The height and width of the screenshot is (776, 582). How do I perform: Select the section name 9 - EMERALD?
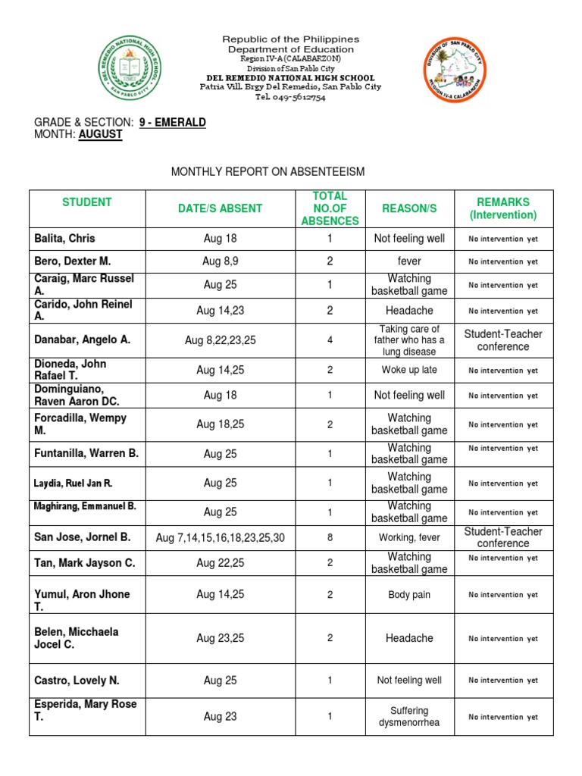point(173,122)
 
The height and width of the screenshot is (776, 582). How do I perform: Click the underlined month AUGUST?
point(100,134)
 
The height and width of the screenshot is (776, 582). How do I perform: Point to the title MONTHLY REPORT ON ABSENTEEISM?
point(268,172)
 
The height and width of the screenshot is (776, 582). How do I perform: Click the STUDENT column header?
point(87,202)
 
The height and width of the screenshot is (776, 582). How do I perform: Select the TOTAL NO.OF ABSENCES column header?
point(330,208)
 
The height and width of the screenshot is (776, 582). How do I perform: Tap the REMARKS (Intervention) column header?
point(503,208)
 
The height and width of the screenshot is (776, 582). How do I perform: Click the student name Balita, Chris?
point(65,239)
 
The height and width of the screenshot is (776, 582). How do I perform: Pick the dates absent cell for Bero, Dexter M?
point(220,261)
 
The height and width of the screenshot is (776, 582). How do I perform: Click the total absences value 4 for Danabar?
point(330,340)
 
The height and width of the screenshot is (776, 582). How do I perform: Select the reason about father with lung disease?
point(409,340)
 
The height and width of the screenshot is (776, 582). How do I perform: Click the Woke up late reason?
point(409,370)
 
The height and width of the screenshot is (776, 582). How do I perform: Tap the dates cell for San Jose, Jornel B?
point(221,537)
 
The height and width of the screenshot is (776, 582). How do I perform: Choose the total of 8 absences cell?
point(330,537)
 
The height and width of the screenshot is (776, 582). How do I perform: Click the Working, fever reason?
point(409,537)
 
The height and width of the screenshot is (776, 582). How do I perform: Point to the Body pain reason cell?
point(409,595)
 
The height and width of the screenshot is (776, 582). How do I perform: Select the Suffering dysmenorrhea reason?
point(409,716)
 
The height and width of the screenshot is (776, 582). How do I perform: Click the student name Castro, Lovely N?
point(77,681)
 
